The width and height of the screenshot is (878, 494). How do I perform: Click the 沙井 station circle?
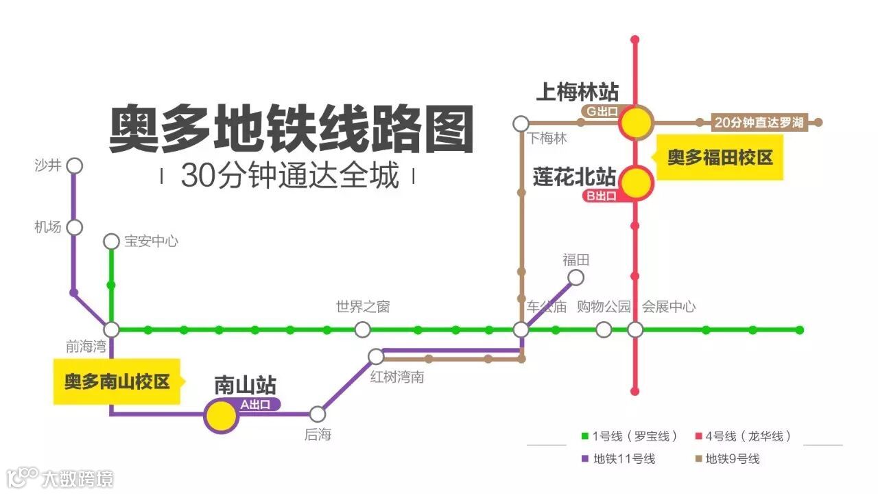click(x=75, y=166)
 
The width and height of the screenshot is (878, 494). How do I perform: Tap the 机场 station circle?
click(x=75, y=227)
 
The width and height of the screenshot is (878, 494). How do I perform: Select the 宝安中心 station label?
click(x=151, y=242)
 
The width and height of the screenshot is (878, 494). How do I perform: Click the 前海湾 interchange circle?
click(x=111, y=329)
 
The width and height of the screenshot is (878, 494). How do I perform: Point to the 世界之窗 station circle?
click(x=362, y=329)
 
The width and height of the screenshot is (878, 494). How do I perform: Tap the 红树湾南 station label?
click(x=397, y=377)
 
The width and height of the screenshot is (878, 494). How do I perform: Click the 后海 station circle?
click(x=317, y=414)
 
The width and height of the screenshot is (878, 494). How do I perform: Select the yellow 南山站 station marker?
click(x=221, y=416)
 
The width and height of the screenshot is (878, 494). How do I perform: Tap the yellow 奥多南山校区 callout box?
click(x=117, y=381)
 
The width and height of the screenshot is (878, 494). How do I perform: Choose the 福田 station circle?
click(x=576, y=277)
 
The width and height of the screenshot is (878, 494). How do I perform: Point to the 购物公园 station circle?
click(x=604, y=329)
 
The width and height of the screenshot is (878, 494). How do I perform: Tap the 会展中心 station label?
click(x=669, y=307)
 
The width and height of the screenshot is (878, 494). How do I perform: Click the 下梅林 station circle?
click(x=521, y=123)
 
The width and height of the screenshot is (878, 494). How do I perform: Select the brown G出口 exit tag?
click(x=600, y=110)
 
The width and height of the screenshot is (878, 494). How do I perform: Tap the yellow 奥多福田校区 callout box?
click(x=720, y=158)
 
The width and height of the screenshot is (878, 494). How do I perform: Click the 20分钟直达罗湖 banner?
click(x=758, y=123)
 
